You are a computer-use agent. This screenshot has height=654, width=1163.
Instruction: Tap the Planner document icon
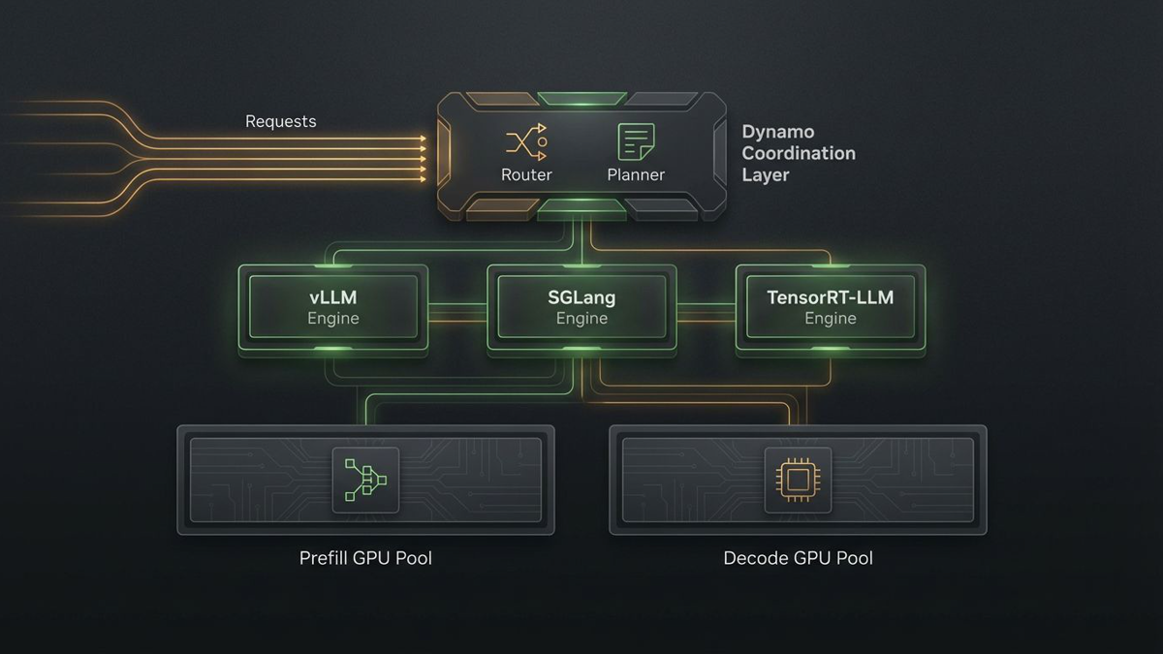(636, 142)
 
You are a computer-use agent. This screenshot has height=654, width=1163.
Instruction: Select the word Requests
(280, 121)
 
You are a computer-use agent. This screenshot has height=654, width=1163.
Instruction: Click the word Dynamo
(777, 132)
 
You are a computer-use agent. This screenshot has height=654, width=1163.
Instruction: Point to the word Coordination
(799, 153)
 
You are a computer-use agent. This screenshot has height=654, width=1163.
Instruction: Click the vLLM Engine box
(333, 307)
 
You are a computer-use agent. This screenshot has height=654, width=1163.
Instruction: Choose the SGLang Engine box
(581, 307)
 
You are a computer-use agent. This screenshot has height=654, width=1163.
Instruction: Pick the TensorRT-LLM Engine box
(830, 307)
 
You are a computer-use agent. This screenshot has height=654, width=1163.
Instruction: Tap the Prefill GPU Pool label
(365, 558)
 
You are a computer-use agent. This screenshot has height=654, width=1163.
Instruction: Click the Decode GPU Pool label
(798, 558)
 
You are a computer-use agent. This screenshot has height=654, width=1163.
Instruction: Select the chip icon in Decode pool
(797, 480)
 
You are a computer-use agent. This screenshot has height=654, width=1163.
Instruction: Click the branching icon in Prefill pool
(365, 480)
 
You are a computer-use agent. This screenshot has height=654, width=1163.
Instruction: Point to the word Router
(526, 175)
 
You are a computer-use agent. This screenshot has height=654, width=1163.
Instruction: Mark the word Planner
(636, 175)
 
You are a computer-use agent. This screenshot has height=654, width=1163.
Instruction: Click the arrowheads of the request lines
(422, 159)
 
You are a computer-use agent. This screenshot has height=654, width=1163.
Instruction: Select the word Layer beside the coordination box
(766, 175)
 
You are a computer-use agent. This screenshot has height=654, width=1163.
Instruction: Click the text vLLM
(333, 297)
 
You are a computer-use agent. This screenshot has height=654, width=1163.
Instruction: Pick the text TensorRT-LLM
(830, 297)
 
